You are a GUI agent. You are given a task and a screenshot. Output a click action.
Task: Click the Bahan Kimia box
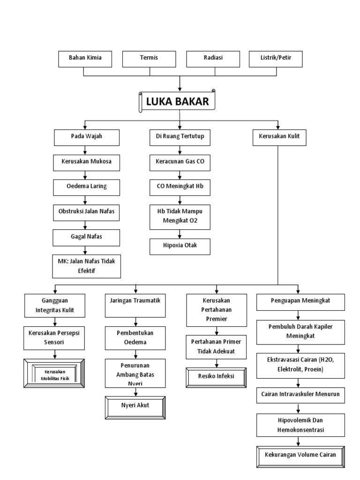pyautogui.click(x=85, y=59)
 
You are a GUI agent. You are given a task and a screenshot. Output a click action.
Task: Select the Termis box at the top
pyautogui.click(x=149, y=59)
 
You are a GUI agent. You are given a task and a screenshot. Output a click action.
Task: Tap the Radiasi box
pyautogui.click(x=213, y=59)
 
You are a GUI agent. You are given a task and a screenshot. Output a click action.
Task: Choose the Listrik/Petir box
pyautogui.click(x=275, y=59)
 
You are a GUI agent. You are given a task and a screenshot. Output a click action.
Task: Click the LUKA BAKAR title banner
pyautogui.click(x=179, y=101)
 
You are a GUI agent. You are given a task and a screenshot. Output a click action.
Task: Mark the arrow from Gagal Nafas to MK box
pyautogui.click(x=84, y=250)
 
